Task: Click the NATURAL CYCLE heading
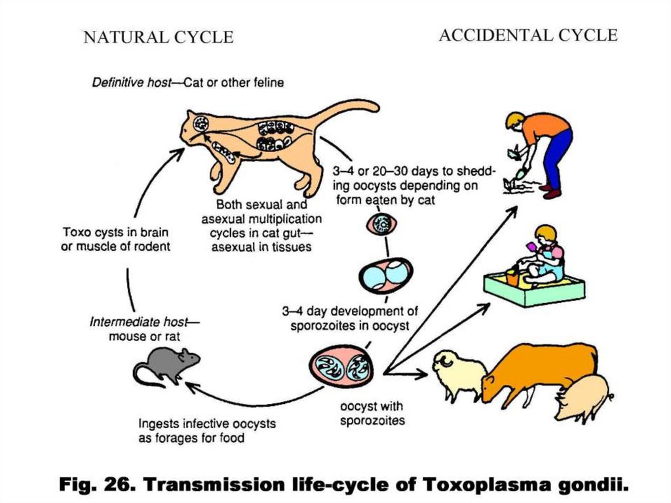pos(158,38)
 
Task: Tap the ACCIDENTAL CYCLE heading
pos(527,35)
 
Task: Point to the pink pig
pos(582,397)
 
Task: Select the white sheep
pos(459,374)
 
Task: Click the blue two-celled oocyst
pos(385,274)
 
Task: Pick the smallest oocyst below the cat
pos(381,225)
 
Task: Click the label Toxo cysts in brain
pos(116,232)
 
